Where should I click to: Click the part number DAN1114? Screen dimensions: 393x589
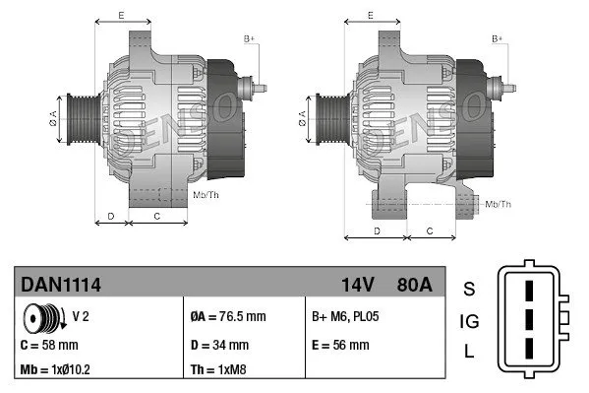[61, 286]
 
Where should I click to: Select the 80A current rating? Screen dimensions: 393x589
[412, 286]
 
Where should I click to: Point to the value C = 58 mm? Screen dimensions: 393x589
[50, 346]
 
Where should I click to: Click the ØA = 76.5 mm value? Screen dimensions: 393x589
[227, 318]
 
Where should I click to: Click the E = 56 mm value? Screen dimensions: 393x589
[340, 346]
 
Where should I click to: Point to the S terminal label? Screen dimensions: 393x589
[469, 289]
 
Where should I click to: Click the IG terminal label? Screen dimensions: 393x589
[469, 321]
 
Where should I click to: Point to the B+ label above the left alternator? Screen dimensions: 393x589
[250, 38]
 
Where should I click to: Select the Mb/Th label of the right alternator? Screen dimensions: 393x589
[499, 204]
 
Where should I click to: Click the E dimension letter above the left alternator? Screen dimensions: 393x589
[121, 16]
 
